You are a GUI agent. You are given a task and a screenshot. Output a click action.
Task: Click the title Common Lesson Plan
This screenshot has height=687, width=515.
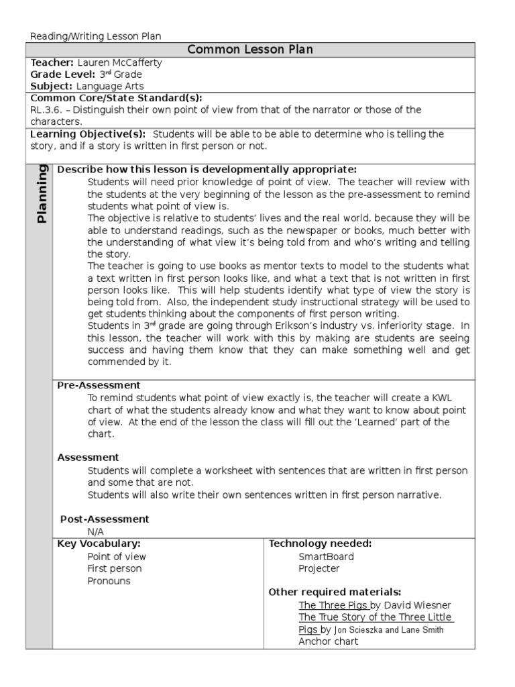click(250, 50)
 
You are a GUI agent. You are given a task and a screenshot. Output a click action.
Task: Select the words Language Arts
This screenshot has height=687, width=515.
click(110, 87)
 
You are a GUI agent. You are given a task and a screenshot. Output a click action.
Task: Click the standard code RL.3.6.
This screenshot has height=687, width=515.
click(46, 110)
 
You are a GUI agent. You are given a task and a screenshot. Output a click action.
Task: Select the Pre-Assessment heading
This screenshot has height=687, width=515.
click(99, 385)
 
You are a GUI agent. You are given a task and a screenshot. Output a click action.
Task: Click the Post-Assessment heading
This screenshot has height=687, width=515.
click(105, 519)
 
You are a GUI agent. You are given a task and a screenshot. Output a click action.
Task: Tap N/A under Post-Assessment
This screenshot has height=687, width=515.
click(96, 531)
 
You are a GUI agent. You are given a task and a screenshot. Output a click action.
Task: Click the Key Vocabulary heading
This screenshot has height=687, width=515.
click(99, 543)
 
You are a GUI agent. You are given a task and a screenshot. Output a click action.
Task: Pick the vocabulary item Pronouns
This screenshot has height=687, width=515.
click(109, 581)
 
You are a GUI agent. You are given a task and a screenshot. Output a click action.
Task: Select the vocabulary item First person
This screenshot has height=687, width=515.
click(115, 569)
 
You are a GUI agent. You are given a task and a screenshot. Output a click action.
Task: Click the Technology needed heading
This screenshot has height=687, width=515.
click(320, 543)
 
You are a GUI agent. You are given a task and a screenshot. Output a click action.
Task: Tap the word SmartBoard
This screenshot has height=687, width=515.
click(326, 556)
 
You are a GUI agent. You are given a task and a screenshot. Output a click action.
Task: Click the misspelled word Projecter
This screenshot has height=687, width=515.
click(319, 569)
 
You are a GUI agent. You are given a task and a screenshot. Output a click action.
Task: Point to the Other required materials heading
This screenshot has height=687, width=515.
click(335, 592)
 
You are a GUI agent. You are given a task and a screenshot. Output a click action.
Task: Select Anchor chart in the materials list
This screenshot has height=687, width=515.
click(328, 641)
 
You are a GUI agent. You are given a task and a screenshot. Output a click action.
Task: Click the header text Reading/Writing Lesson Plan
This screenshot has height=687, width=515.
click(96, 36)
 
